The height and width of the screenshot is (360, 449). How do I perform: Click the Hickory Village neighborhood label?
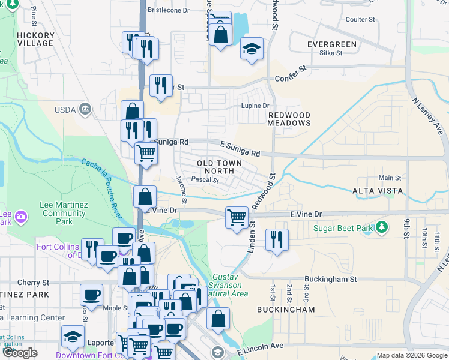pyautogui.click(x=35, y=40)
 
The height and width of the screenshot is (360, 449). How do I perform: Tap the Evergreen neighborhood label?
pyautogui.click(x=331, y=44)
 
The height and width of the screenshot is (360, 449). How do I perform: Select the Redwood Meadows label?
pyautogui.click(x=289, y=119)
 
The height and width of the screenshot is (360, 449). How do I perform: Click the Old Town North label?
pyautogui.click(x=220, y=167)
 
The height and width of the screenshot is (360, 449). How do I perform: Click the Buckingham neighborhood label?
pyautogui.click(x=285, y=310)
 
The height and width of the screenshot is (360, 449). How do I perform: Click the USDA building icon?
pyautogui.click(x=85, y=109)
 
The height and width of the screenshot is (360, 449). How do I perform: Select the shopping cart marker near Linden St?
pyautogui.click(x=237, y=217)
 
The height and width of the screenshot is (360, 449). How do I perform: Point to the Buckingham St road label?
pyautogui.click(x=330, y=279)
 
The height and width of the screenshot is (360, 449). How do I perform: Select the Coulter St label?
pyautogui.click(x=360, y=19)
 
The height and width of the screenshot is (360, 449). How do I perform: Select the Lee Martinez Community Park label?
pyautogui.click(x=63, y=209)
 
